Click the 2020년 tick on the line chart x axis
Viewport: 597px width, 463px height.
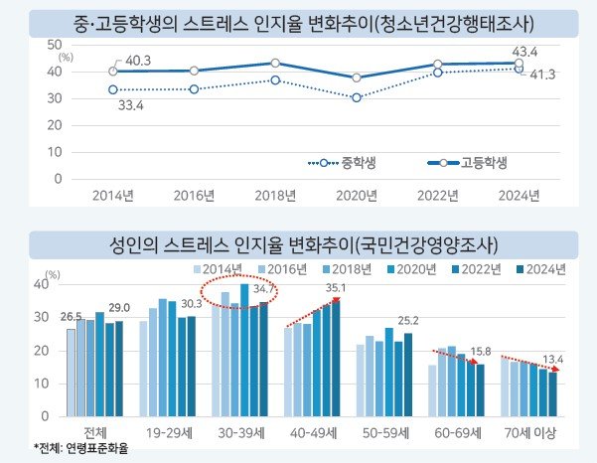[356, 195]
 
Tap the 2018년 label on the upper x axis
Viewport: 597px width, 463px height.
[275, 195]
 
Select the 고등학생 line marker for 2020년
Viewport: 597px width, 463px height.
[356, 77]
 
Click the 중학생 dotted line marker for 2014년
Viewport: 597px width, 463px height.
[113, 89]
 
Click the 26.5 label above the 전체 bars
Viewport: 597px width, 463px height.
[71, 317]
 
